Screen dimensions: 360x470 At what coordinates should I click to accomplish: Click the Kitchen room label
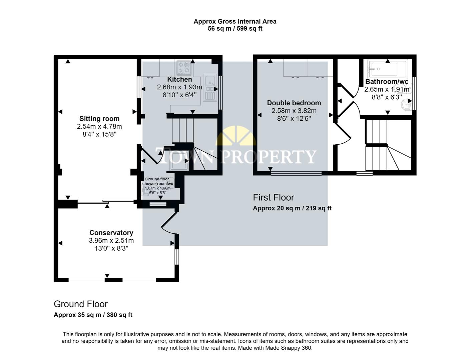coord(179,79)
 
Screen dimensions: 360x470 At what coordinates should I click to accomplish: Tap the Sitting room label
coord(99,119)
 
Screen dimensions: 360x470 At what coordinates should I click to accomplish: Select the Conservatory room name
coord(111,233)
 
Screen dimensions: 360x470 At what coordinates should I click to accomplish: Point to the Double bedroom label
coord(294,103)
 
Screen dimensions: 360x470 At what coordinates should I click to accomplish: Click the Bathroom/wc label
coord(387,82)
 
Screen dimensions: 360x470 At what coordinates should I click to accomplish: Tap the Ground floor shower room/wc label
coord(157,181)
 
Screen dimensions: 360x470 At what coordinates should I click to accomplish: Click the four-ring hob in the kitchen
coord(184,67)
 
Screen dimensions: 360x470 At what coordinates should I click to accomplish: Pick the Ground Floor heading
coord(81,304)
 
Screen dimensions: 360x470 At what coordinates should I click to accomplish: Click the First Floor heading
coord(273,197)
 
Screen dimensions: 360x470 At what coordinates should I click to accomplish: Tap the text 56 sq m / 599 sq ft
coord(235,29)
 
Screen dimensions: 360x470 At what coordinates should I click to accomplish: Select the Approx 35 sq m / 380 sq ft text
coord(93,315)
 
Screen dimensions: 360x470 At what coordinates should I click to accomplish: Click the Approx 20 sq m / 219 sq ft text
coord(292,208)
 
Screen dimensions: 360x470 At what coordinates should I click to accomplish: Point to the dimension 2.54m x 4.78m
coord(99,127)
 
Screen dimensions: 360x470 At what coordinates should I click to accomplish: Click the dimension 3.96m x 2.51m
coord(111,241)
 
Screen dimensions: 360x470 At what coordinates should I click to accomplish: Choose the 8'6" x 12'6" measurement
coord(294,118)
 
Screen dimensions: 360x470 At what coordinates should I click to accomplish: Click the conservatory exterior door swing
coord(169,223)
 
